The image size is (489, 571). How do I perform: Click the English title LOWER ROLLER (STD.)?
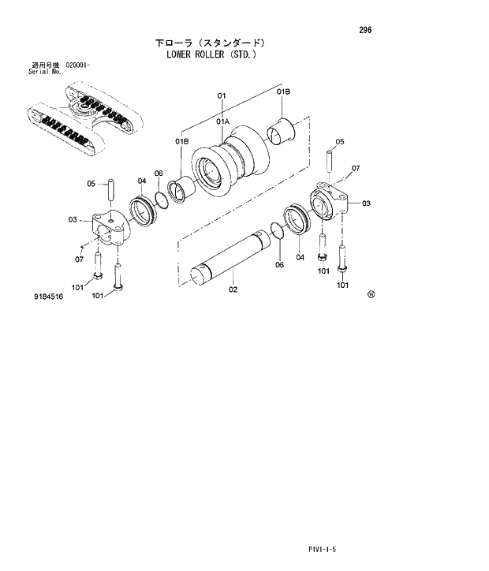(x=214, y=55)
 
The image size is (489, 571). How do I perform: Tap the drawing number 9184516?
(x=49, y=298)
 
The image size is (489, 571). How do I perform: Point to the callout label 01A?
(x=222, y=121)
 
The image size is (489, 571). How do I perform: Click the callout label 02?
(x=233, y=289)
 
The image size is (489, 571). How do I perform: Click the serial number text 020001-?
(x=77, y=65)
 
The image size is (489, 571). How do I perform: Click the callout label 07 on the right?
(x=356, y=168)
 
